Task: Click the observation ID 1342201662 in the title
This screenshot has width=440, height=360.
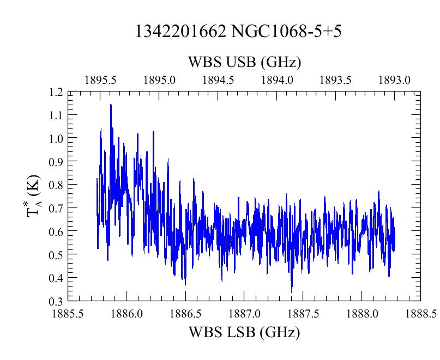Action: pyautogui.click(x=180, y=31)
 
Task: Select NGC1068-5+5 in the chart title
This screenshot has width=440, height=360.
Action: pyautogui.click(x=286, y=31)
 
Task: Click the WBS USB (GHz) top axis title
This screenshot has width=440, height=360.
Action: pyautogui.click(x=244, y=62)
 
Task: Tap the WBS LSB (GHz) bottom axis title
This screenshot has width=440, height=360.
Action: pyautogui.click(x=244, y=333)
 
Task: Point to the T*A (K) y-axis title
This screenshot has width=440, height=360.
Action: pyautogui.click(x=33, y=196)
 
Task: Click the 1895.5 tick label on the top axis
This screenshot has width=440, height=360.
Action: pyautogui.click(x=100, y=81)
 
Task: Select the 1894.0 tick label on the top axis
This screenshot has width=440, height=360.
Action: pyautogui.click(x=277, y=81)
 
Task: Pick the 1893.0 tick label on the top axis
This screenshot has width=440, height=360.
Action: pyautogui.click(x=394, y=81)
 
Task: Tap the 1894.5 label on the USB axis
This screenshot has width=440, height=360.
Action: pyautogui.click(x=218, y=81)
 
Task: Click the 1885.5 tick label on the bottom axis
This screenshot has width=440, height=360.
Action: pyautogui.click(x=68, y=314)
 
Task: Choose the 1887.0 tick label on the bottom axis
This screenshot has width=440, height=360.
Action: pyautogui.click(x=244, y=314)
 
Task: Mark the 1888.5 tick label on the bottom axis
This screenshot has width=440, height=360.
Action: pyautogui.click(x=421, y=314)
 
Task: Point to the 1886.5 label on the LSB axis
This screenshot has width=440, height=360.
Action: pyautogui.click(x=185, y=314)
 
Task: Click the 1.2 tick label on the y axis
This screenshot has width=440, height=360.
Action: pyautogui.click(x=56, y=92)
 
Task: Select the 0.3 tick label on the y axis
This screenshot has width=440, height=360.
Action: pyautogui.click(x=56, y=302)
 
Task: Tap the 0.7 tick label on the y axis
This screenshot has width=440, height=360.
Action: pyautogui.click(x=56, y=208)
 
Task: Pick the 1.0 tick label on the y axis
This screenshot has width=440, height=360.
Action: pyautogui.click(x=56, y=138)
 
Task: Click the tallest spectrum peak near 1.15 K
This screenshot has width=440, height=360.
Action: pyautogui.click(x=111, y=105)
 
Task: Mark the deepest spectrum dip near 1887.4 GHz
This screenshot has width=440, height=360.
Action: pyautogui.click(x=292, y=291)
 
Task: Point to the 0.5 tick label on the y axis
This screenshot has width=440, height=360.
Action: pyautogui.click(x=56, y=255)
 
